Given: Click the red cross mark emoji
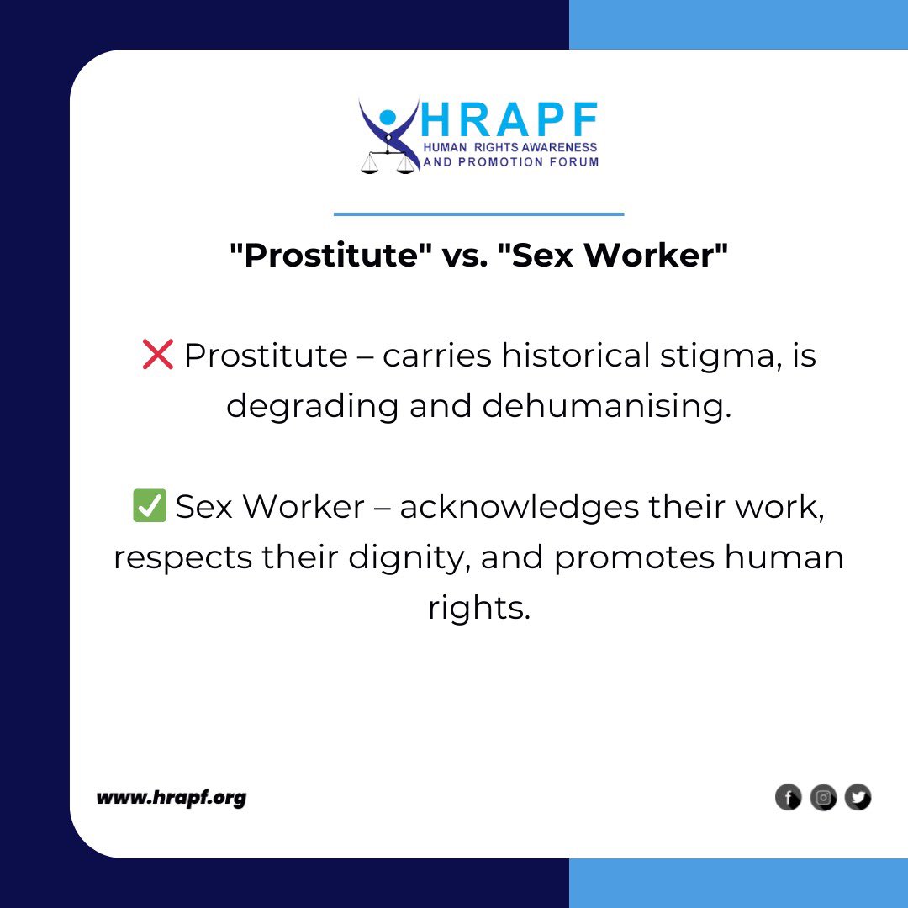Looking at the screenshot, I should (x=158, y=356).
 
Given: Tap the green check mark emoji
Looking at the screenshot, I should (x=150, y=507).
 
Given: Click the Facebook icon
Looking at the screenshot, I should (x=788, y=797).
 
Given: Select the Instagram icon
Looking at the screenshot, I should (x=823, y=797).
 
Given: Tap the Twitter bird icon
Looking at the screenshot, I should (x=858, y=797).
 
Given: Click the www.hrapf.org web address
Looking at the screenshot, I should (x=171, y=797).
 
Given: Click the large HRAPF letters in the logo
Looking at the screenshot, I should (x=509, y=121).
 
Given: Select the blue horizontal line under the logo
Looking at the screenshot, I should (x=478, y=214).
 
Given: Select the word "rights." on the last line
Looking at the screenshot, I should (x=478, y=608).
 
